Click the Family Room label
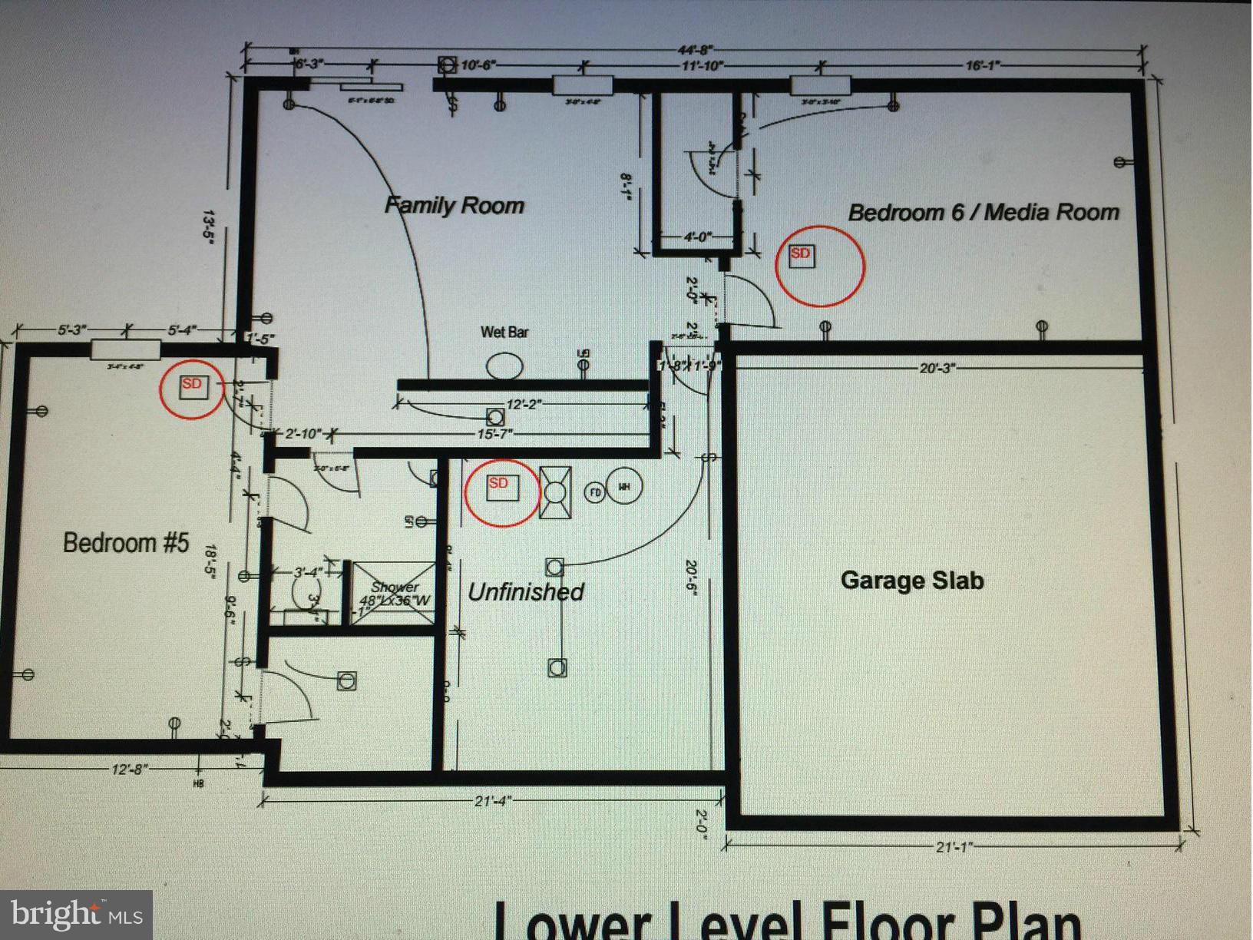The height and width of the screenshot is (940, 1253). [454, 206]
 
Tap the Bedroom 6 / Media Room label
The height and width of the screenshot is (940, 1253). [984, 212]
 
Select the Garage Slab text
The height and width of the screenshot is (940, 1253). [912, 580]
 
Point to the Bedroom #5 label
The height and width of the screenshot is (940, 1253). [125, 543]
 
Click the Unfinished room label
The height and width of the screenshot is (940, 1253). [526, 592]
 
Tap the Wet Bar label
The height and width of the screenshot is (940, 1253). [504, 332]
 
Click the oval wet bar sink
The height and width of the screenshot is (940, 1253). [504, 366]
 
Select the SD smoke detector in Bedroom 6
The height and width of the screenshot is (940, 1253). [801, 254]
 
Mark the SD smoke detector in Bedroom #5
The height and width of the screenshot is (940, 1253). [192, 386]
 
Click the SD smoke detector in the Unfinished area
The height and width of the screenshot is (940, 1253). [502, 487]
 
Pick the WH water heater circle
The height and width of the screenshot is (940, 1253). [623, 487]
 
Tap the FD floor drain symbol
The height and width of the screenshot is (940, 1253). [595, 492]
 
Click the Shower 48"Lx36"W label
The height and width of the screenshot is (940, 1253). [395, 594]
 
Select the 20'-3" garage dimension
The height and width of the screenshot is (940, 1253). [937, 368]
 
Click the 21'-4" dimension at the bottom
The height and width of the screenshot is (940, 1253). [493, 801]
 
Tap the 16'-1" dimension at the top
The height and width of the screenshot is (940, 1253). [984, 66]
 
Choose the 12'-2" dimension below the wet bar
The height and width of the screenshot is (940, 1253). [524, 404]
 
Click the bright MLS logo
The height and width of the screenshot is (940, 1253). [76, 915]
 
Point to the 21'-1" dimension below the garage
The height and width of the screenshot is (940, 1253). [954, 846]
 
